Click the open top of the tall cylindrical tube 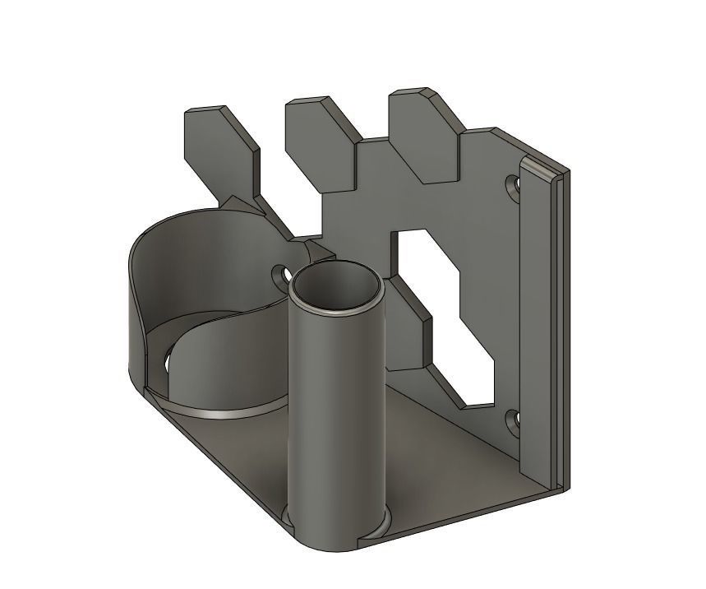pos(338,288)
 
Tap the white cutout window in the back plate pos(448,313)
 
